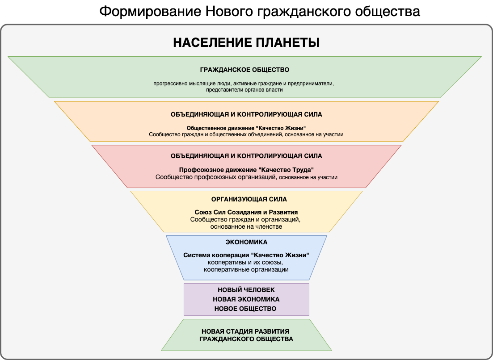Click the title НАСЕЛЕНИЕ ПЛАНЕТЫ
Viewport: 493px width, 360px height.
[246, 43]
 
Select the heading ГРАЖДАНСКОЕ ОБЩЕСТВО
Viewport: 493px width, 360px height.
[244, 70]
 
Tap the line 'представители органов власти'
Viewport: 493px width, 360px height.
[244, 90]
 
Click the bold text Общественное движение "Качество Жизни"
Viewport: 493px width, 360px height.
[246, 127]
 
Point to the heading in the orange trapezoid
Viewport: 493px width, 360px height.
[246, 114]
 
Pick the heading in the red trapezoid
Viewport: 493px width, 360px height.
[246, 156]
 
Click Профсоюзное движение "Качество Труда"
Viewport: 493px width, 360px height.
[246, 170]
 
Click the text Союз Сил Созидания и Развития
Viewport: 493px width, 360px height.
[246, 212]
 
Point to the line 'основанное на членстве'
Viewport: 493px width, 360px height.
[246, 227]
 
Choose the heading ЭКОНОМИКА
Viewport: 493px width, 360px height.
[246, 242]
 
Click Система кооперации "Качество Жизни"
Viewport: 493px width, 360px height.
[246, 255]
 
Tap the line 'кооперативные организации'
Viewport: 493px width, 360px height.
[246, 269]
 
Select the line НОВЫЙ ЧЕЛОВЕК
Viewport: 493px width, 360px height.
[246, 290]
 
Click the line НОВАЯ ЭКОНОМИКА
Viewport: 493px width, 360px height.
[246, 299]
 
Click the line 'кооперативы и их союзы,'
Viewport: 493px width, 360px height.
[246, 262]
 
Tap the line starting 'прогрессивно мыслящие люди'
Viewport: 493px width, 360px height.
[244, 84]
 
